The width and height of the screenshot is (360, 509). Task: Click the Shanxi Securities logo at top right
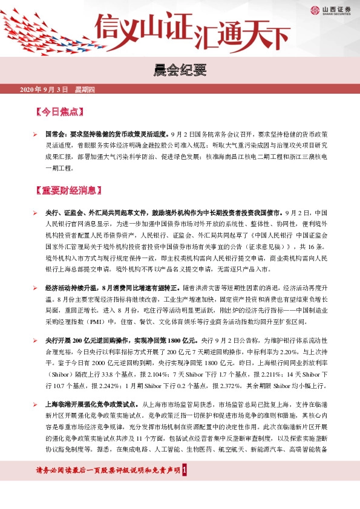point(330,10)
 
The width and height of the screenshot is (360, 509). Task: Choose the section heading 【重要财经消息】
point(72,191)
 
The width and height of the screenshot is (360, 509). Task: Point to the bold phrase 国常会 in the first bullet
point(56,132)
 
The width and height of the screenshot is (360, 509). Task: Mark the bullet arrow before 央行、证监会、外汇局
point(35,213)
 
